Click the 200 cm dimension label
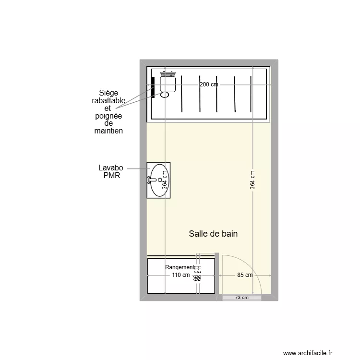pyautogui.click(x=208, y=84)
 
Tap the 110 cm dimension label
pyautogui.click(x=180, y=276)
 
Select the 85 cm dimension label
pyautogui.click(x=245, y=276)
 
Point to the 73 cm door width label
pyautogui.click(x=242, y=298)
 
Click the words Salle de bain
pyautogui.click(x=213, y=234)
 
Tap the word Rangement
pyautogui.click(x=180, y=267)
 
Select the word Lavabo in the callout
pyautogui.click(x=111, y=168)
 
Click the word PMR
pyautogui.click(x=111, y=176)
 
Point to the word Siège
pyautogui.click(x=108, y=93)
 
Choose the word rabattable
pyautogui.click(x=108, y=101)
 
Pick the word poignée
pyautogui.click(x=108, y=116)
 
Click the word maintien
pyautogui.click(x=108, y=131)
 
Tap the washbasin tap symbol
pyautogui.click(x=150, y=180)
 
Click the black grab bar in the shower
pyautogui.click(x=153, y=87)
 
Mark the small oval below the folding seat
pyautogui.click(x=165, y=95)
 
